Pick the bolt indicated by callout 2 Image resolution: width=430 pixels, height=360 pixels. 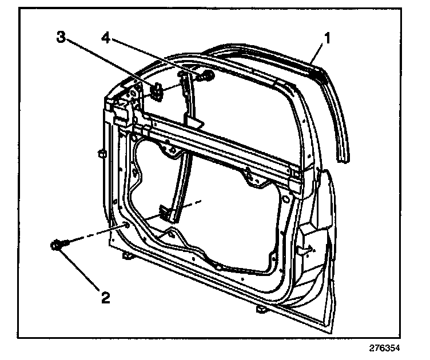[x=57, y=246]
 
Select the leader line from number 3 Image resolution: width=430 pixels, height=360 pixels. [x=109, y=63]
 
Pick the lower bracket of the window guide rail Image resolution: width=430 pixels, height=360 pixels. [x=166, y=213]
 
